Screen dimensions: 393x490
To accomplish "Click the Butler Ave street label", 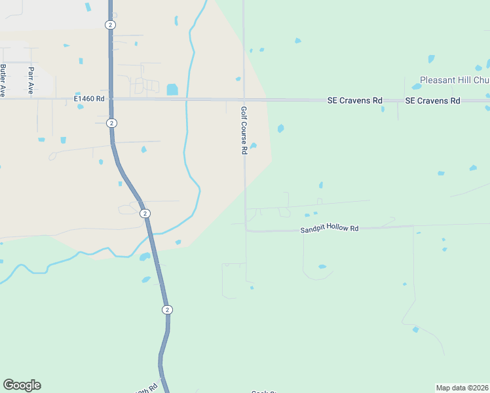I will pos(3,79).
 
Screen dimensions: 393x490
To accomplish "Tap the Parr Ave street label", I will pos(31,80).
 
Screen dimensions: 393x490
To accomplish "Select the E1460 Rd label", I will pos(89,99).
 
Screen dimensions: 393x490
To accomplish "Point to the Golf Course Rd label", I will pos(244,130).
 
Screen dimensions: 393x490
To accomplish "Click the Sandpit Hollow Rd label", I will pos(330,229).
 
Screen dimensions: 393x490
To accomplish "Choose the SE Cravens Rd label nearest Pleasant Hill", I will pos(432,100).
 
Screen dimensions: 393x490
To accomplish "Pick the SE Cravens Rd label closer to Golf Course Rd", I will pos(355,100).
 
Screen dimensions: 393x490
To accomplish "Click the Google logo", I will pos(22,385).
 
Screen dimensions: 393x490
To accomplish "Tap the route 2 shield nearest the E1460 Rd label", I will pos(112,123).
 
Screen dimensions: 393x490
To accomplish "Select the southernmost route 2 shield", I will pos(167,309).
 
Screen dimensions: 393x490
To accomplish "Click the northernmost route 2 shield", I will pos(109,24).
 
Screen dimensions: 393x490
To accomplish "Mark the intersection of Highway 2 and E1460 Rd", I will pos(111,99).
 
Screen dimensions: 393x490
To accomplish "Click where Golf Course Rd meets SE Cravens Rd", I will pos(244,100).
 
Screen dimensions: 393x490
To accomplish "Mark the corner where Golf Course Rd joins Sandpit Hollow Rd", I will pos(246,230).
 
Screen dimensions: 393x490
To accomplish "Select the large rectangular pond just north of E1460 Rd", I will pos(172,90).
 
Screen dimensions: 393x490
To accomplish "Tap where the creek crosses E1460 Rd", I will pos(187,100).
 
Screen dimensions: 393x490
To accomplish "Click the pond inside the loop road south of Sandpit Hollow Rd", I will pos(322,267).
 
